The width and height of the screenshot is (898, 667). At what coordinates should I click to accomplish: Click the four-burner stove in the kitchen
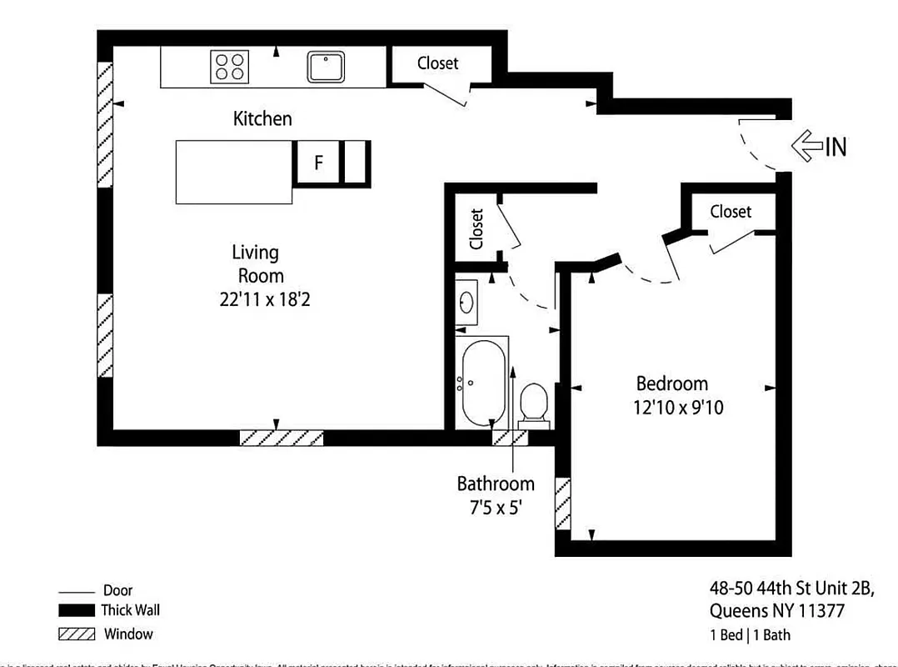pos(230,67)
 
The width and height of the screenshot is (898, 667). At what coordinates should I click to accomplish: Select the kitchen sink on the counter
pos(327,67)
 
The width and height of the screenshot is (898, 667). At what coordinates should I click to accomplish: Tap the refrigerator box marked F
pos(317,163)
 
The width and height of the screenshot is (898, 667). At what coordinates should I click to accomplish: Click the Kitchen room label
pos(262,118)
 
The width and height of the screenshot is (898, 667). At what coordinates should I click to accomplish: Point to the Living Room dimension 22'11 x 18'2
pos(259,299)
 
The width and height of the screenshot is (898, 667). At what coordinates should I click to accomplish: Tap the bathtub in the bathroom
pos(482,383)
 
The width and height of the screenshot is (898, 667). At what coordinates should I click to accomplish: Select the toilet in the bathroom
pos(532,404)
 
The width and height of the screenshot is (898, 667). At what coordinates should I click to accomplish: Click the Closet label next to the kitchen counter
pos(437,63)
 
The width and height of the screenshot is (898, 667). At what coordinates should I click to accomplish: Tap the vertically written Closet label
pos(476,229)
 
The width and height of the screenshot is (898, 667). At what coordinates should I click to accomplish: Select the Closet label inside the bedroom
pos(730,212)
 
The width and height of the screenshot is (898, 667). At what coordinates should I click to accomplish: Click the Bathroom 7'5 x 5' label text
pos(495,495)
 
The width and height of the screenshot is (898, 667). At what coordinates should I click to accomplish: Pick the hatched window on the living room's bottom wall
pos(281,438)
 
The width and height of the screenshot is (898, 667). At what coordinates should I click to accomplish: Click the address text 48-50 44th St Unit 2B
pos(791,589)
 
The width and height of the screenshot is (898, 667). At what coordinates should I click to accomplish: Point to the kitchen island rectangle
pos(234,172)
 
